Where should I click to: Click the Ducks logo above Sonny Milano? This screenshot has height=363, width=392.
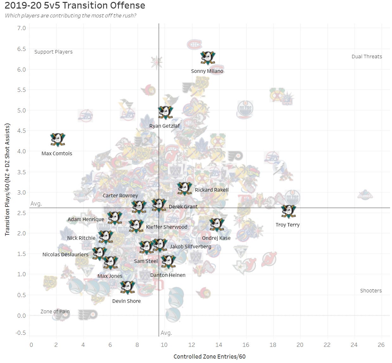pos(208,58)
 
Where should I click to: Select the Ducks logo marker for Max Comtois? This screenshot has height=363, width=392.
pos(58,140)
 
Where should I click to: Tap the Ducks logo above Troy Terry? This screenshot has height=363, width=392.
pos(288,211)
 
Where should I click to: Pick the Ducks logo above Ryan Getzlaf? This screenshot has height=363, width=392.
pos(165,112)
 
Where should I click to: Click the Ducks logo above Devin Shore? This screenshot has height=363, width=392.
pos(128,287)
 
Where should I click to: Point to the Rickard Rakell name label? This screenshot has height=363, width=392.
pos(212,190)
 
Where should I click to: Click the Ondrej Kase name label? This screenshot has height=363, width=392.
pos(216,238)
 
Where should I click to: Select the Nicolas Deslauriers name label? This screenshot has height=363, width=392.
pos(65,254)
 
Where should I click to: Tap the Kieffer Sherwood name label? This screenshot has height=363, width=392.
pos(167,227)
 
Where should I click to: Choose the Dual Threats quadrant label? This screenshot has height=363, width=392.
pos(367,56)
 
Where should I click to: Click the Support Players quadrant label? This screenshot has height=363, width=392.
pos(53,52)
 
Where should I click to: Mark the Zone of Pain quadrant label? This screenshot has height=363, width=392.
pos(55,311)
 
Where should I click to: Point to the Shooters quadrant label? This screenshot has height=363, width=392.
pos(371,290)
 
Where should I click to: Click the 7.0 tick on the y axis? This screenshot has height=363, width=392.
pos(22,28)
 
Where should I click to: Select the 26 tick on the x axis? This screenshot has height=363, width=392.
pos(381,345)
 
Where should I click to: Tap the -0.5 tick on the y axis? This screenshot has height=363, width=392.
pos(21,333)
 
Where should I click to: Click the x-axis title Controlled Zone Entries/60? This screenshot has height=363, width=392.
pos(209,356)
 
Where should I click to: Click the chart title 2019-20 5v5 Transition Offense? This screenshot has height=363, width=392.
pos(75,5)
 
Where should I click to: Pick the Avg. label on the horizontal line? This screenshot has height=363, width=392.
pos(36,204)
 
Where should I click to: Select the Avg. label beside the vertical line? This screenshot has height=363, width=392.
pos(166,333)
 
